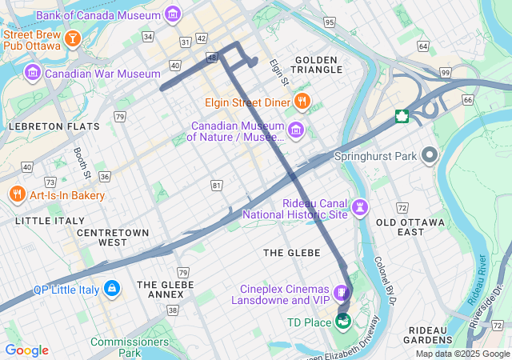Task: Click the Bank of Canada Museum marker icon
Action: click(172, 14)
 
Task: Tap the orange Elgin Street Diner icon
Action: click(302, 102)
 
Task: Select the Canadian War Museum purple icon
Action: click(33, 74)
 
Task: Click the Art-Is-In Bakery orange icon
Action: click(17, 194)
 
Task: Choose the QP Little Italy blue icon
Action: click(111, 287)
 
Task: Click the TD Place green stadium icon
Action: click(344, 322)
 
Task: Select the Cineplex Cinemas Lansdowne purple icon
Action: click(342, 294)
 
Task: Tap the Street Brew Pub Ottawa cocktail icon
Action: click(73, 38)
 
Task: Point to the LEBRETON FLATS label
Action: click(54, 126)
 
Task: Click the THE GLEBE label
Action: click(292, 253)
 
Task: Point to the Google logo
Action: click(26, 350)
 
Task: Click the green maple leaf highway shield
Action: click(402, 118)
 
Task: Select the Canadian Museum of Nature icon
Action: click(295, 130)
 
